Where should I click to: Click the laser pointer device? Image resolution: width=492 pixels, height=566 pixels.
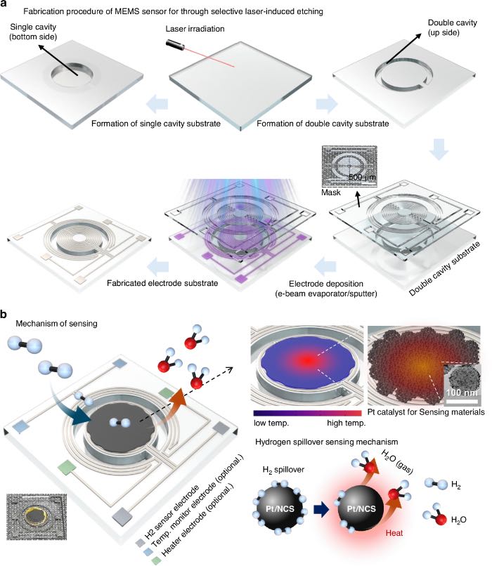[x=176, y=45]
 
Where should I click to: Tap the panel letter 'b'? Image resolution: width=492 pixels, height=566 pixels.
[x=4, y=315]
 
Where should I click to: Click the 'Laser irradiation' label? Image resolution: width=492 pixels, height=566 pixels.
[x=195, y=29]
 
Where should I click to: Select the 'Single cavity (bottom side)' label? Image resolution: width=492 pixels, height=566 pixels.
[x=33, y=32]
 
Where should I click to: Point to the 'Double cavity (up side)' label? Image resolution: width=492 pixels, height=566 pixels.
[x=452, y=27]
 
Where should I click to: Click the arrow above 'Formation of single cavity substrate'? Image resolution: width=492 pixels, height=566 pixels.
[x=157, y=104]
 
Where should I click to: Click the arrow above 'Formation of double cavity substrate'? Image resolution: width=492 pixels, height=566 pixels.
[x=327, y=104]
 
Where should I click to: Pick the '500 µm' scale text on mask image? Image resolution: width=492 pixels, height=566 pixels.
[x=362, y=177]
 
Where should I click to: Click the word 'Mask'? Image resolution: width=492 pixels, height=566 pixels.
[x=330, y=192]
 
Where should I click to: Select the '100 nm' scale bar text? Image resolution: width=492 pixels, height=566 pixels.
[x=462, y=393]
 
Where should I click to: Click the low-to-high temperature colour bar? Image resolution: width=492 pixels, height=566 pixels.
[x=307, y=414]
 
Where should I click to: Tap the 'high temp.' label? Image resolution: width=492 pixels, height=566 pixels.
[x=346, y=423]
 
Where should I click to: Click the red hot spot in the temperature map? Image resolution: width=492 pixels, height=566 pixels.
[x=308, y=360]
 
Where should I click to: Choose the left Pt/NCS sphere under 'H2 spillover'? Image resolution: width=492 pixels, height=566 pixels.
[x=280, y=508]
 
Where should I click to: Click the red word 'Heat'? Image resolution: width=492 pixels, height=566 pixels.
[x=394, y=533]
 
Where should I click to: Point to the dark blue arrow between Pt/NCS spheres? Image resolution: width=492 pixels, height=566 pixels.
[x=321, y=510]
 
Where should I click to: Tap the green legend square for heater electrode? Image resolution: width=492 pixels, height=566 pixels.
[x=156, y=560]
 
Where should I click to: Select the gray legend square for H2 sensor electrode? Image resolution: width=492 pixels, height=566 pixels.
[x=139, y=543]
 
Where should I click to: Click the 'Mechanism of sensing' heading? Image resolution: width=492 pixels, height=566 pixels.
[x=56, y=324]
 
